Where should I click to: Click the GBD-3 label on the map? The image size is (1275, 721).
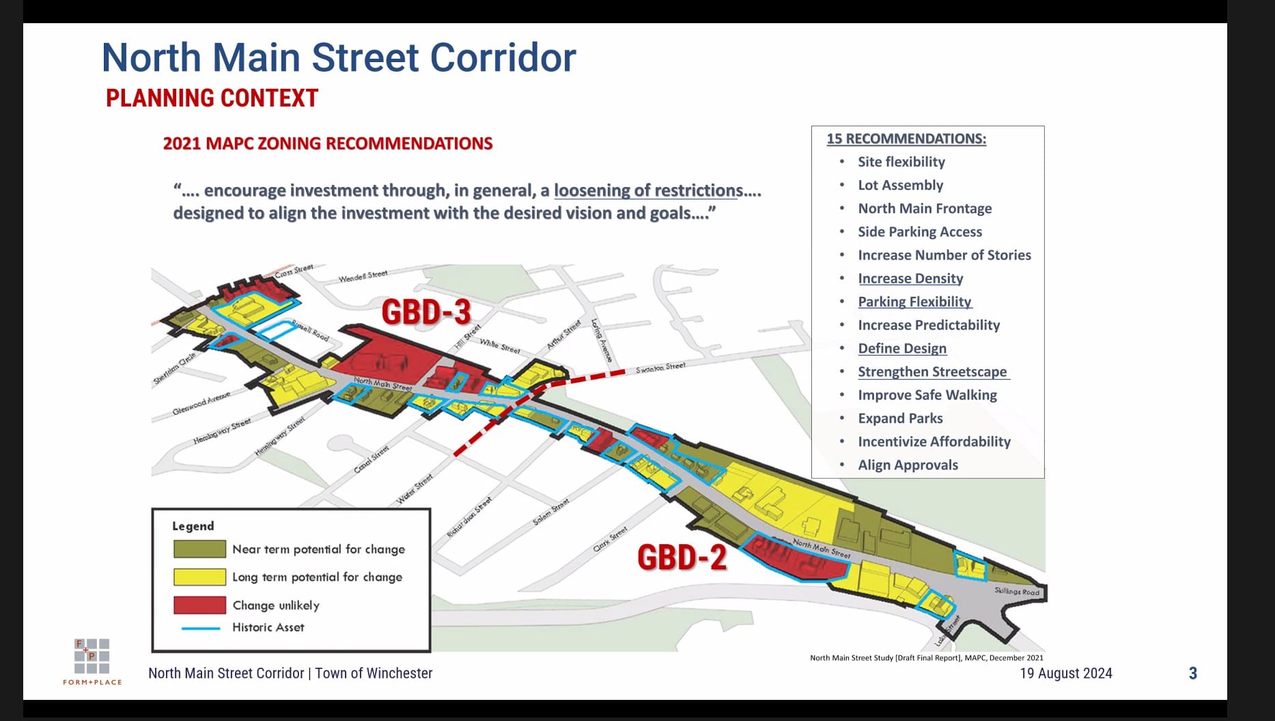426,312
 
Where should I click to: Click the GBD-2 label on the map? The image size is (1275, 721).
682,557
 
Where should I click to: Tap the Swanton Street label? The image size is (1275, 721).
660,367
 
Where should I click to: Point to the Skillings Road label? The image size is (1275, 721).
1016,591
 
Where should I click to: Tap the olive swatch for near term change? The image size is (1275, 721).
199,549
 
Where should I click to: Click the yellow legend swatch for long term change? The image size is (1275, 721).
199,577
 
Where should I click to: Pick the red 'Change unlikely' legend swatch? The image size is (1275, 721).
199,605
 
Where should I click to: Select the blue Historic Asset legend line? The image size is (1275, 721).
201,627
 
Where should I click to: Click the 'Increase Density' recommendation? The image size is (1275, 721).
910,279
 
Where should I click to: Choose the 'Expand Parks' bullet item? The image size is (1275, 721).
900,419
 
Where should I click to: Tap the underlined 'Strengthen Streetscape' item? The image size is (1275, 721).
932,372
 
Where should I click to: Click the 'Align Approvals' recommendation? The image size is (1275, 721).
908,465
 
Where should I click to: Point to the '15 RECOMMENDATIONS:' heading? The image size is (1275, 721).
906,139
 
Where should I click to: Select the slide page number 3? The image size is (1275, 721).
1192,673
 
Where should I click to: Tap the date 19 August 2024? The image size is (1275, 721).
1065,673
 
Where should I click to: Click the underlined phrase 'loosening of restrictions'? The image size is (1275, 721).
648,190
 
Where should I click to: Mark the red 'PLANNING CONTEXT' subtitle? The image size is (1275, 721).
212,98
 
